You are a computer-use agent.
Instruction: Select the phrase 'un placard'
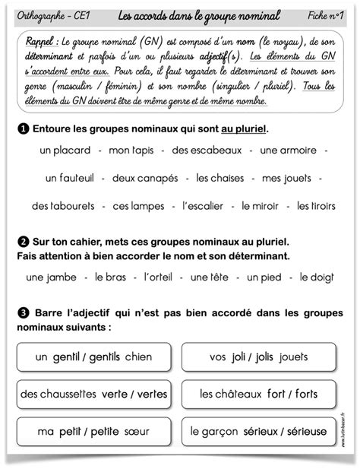65,151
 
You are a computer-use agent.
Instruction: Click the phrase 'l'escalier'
205,206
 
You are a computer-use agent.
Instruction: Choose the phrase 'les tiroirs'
314,206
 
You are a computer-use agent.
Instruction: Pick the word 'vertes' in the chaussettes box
152,394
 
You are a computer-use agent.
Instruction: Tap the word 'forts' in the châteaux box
305,394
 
